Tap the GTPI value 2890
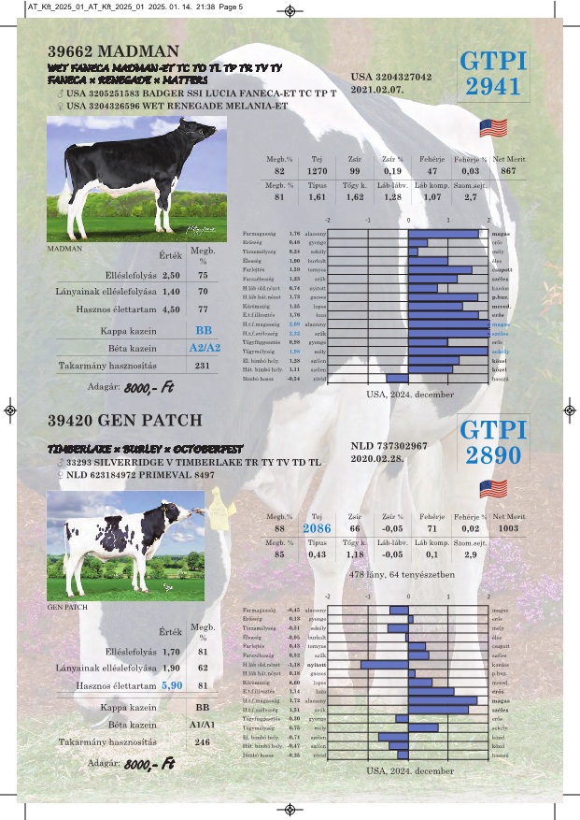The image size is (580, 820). (493, 456)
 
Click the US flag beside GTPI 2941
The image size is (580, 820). (492, 128)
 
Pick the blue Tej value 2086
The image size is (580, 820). (317, 528)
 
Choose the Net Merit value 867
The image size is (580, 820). (508, 171)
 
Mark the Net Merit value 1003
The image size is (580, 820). (509, 528)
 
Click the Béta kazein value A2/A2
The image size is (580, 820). (204, 348)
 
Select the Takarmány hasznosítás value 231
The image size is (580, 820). (202, 366)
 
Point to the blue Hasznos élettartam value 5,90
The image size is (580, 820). (172, 685)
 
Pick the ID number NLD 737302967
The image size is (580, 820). (389, 446)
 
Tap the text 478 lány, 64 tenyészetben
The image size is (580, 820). (401, 574)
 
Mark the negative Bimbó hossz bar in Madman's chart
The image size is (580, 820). (397, 379)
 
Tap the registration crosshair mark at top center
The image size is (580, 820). (290, 11)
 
